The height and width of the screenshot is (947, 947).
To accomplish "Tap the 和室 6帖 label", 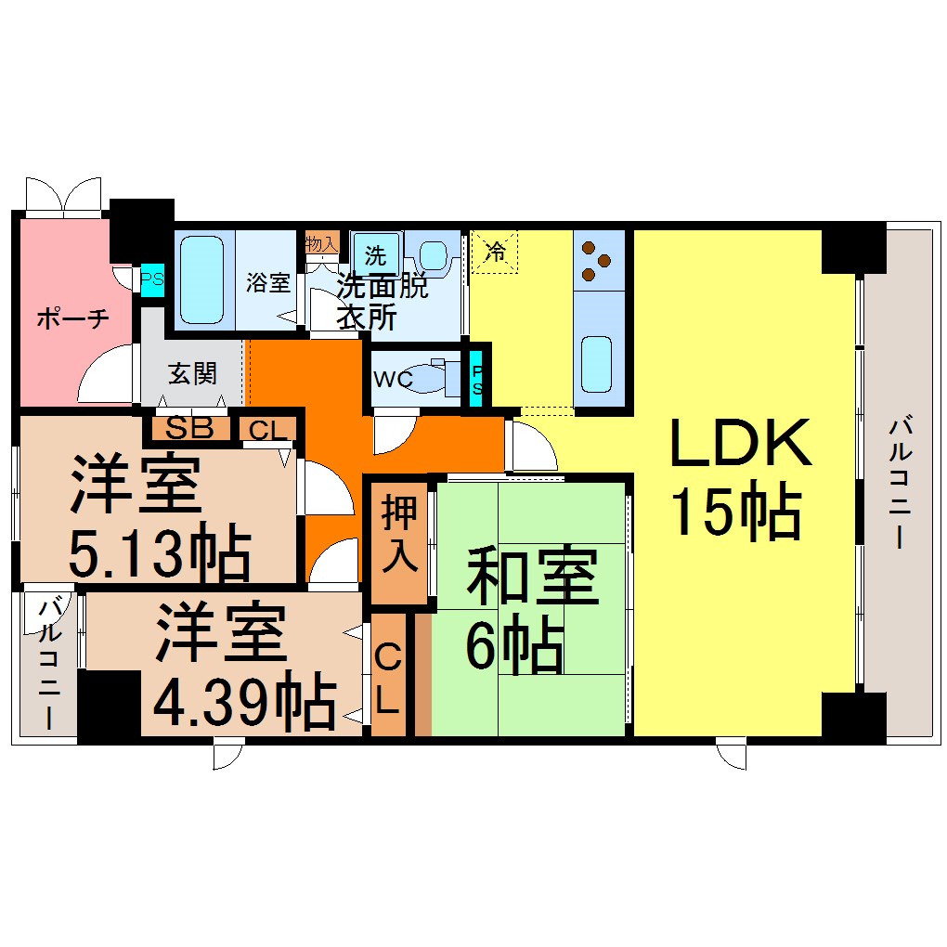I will point(530,611).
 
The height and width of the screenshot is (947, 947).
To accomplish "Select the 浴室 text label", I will point(268,282).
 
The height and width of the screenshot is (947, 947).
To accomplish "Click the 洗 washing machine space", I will point(375,253).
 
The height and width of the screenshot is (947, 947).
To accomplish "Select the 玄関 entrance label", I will point(192,373).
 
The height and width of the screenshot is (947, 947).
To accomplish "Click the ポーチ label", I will point(73,318).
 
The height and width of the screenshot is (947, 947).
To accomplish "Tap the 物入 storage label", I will point(320,244).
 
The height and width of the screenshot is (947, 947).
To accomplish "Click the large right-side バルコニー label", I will point(898,483).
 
